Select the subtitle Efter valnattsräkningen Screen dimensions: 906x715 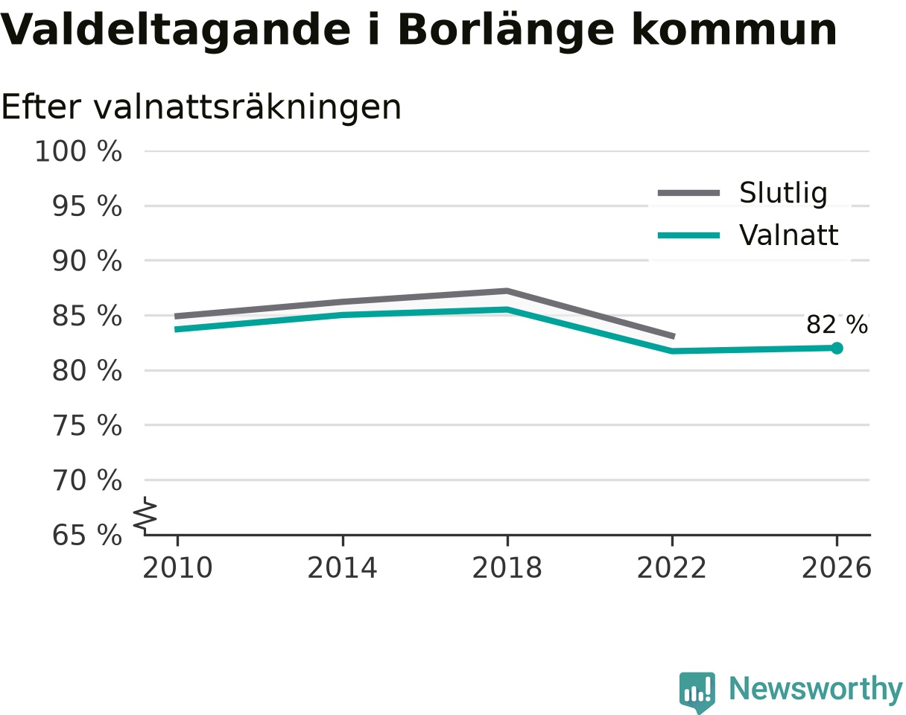[201, 108]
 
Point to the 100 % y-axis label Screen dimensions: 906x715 [78, 151]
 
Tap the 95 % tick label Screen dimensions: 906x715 [86, 206]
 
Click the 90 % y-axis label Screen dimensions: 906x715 [86, 261]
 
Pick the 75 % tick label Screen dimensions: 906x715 [86, 425]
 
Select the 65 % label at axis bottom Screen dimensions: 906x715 [86, 536]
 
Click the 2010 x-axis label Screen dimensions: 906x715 [177, 568]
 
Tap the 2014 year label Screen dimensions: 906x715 [342, 568]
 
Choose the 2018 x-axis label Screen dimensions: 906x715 [507, 568]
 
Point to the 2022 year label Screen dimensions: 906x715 [672, 568]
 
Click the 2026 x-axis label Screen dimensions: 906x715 [836, 568]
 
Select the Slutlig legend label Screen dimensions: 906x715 [784, 193]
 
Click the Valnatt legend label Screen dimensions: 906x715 [789, 235]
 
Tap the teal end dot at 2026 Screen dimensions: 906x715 [837, 348]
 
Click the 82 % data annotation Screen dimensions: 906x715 [837, 325]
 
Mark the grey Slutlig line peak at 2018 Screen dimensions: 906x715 [507, 291]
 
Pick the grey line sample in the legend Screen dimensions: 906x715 [688, 193]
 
